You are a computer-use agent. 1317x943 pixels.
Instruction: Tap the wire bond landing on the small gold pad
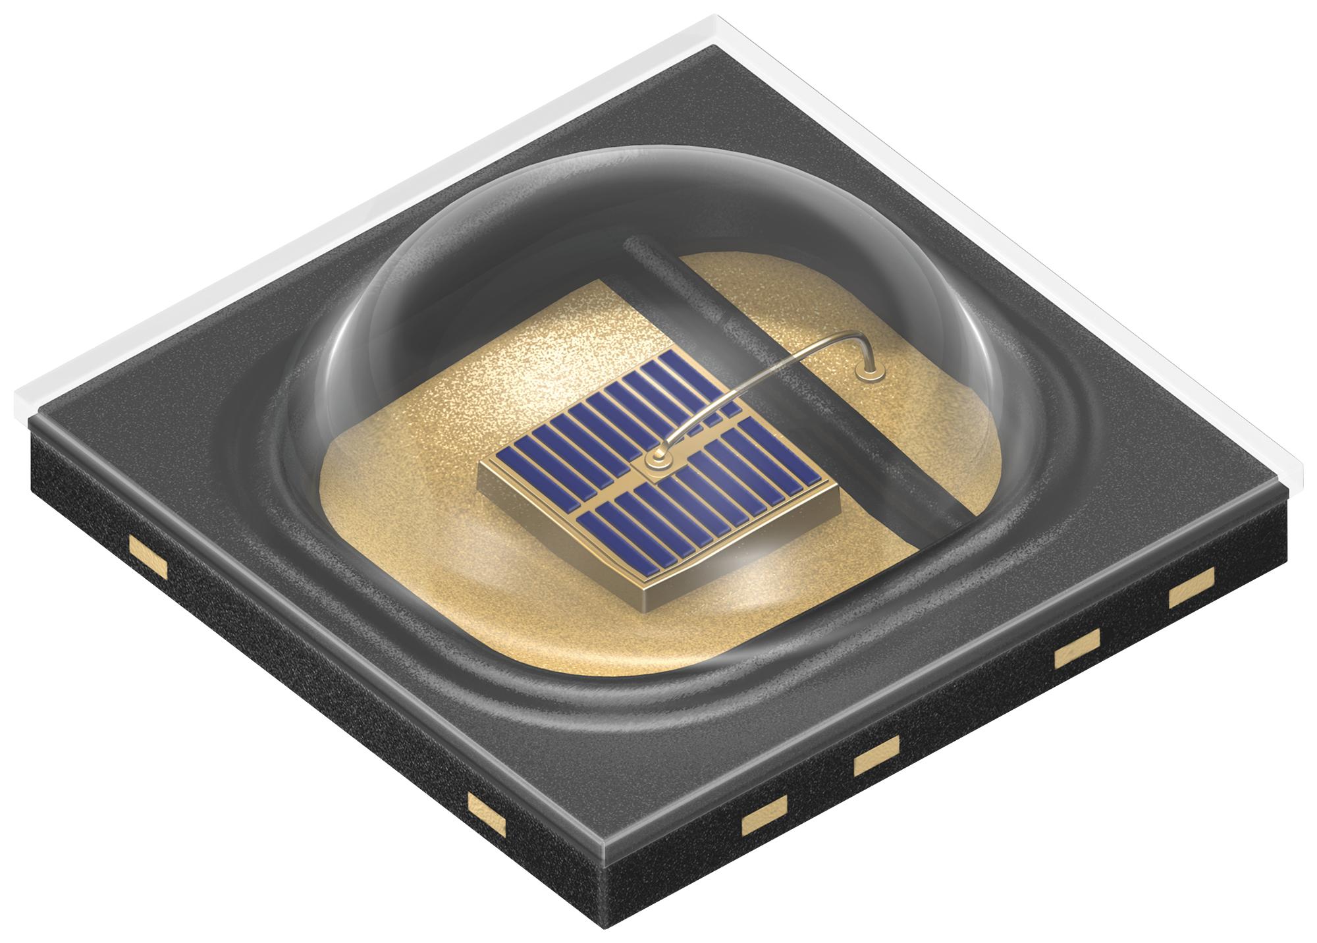coord(870,373)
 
